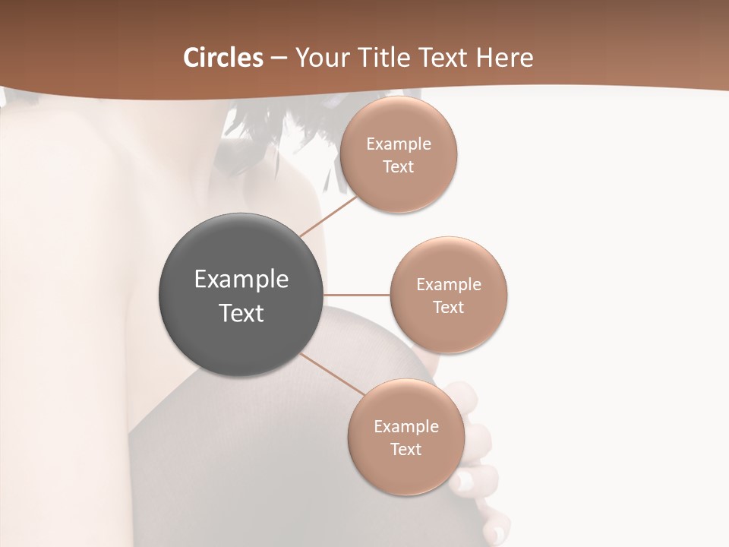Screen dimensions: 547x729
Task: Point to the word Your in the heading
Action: tap(320, 58)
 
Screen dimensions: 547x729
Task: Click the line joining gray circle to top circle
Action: tap(328, 216)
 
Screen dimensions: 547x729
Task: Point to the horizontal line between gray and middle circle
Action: tap(356, 295)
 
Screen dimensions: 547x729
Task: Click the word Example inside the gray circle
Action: tap(241, 280)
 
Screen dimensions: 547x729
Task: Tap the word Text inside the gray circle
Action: tap(241, 313)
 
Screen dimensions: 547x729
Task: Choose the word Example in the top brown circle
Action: tap(398, 144)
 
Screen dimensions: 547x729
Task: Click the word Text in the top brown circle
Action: tap(398, 167)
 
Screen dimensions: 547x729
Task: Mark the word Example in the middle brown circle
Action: tap(448, 285)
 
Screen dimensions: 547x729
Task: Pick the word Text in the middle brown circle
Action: tap(448, 308)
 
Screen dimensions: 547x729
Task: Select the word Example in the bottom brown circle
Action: tap(406, 427)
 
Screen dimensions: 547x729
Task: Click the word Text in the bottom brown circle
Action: tap(406, 450)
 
